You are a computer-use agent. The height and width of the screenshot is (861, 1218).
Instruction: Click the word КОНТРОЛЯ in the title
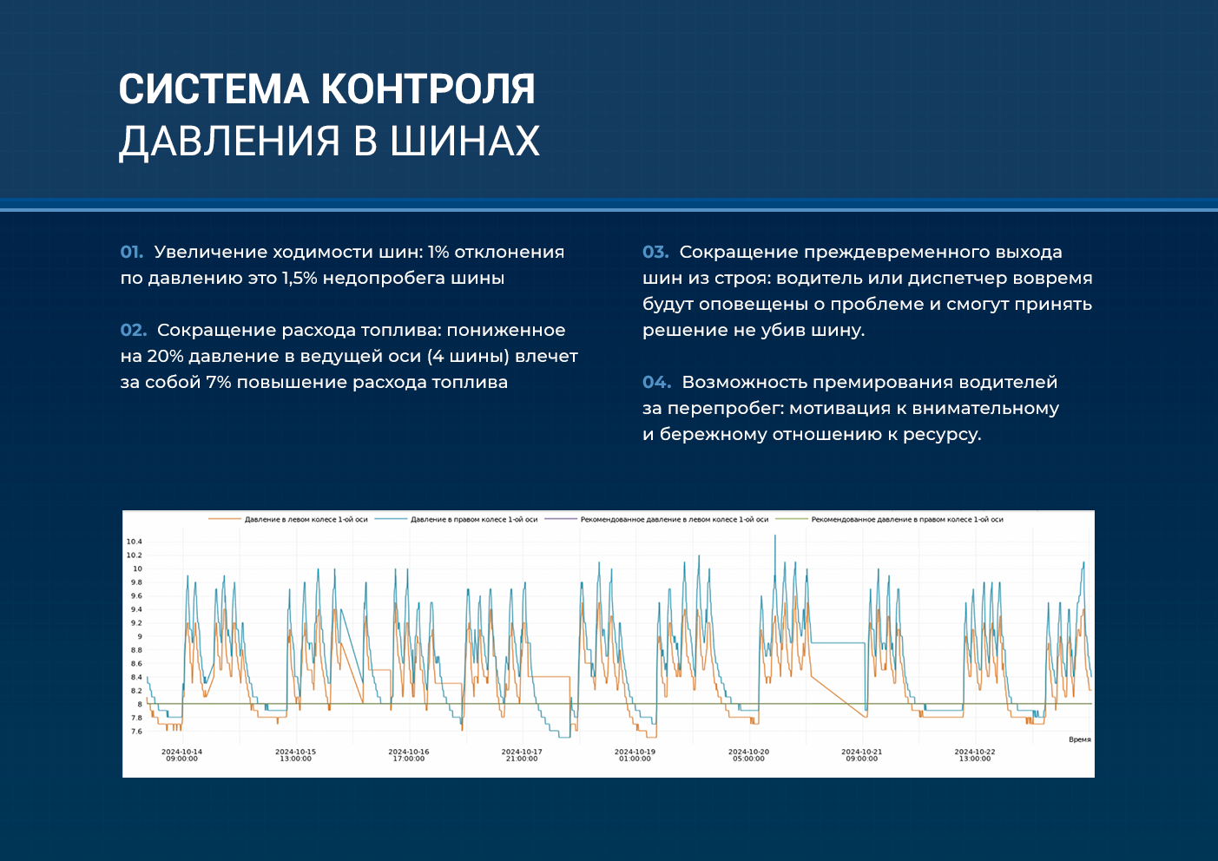click(x=428, y=89)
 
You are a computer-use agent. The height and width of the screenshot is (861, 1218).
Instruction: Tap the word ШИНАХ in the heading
click(x=465, y=141)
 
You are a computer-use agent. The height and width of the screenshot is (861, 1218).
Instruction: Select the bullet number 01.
click(x=132, y=252)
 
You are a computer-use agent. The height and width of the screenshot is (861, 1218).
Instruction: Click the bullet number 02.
click(x=133, y=330)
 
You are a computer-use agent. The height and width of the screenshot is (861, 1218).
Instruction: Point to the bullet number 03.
click(x=655, y=252)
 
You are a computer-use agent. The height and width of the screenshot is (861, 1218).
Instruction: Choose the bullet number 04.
click(x=656, y=382)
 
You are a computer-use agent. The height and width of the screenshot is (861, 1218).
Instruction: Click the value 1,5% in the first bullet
click(x=299, y=278)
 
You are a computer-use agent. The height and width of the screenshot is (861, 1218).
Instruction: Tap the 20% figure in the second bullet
click(x=165, y=356)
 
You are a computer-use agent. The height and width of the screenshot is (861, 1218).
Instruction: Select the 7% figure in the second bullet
click(x=219, y=382)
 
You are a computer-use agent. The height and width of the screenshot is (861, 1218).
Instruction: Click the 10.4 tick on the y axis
click(x=134, y=542)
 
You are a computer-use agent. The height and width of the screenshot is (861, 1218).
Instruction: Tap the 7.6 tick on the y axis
click(x=136, y=731)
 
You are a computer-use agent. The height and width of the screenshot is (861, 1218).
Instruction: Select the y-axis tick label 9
click(x=140, y=636)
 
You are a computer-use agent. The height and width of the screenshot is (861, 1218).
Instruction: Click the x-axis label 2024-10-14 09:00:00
click(x=181, y=755)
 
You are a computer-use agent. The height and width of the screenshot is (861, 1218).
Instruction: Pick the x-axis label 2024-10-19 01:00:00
click(x=635, y=755)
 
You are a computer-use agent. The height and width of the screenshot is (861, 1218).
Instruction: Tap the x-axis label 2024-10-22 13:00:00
click(x=974, y=755)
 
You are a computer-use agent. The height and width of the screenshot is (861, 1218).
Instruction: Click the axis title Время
click(x=1079, y=739)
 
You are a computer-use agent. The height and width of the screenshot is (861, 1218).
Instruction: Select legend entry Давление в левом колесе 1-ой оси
click(x=288, y=519)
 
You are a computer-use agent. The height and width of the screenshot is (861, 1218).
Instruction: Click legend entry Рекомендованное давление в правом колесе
click(x=890, y=519)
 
